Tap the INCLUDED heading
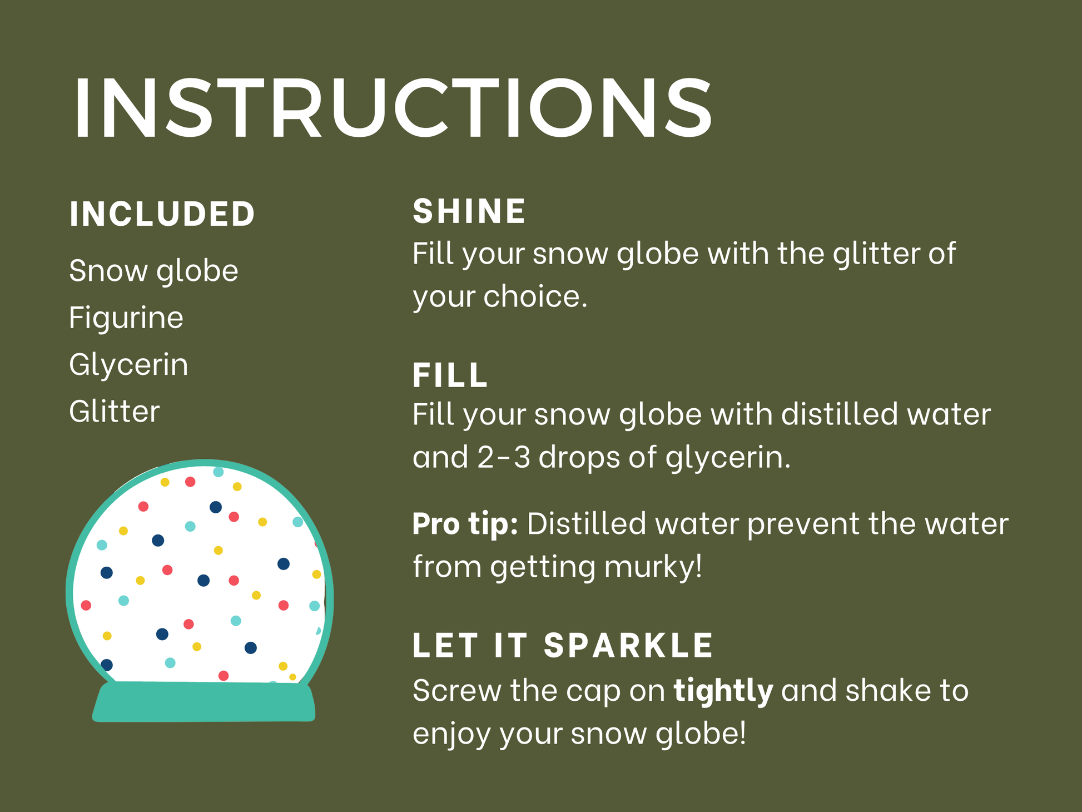(162, 214)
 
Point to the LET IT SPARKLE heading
(563, 645)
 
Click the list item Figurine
(126, 318)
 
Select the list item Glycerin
(128, 365)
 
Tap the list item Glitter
(115, 412)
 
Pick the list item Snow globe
(153, 271)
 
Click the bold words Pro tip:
(465, 524)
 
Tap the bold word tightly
(723, 691)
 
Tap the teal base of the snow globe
(204, 702)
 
